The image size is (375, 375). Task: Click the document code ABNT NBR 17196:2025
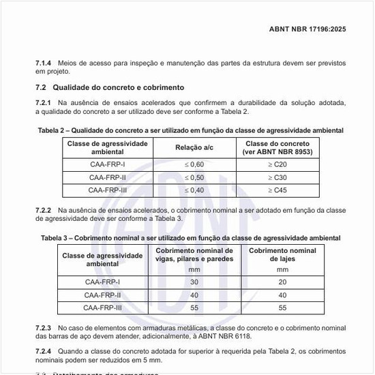308,29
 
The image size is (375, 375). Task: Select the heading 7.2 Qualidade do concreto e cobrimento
110,88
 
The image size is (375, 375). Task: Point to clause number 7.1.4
44,63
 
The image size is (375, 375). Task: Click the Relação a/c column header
195,148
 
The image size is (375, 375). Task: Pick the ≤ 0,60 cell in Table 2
195,164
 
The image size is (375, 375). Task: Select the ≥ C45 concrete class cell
276,190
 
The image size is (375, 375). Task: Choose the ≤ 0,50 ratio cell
195,177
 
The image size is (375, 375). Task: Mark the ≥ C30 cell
276,177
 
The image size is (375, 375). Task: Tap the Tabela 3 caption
190,237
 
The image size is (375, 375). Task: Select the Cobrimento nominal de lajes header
282,255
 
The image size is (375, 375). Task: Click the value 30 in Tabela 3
194,282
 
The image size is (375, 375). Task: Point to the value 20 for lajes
282,282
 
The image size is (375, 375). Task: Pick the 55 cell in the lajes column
282,308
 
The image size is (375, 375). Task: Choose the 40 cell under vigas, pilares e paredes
194,295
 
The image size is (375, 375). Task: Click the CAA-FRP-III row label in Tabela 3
103,308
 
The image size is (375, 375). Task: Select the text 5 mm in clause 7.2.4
151,359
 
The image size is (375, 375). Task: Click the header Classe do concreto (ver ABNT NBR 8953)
276,148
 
